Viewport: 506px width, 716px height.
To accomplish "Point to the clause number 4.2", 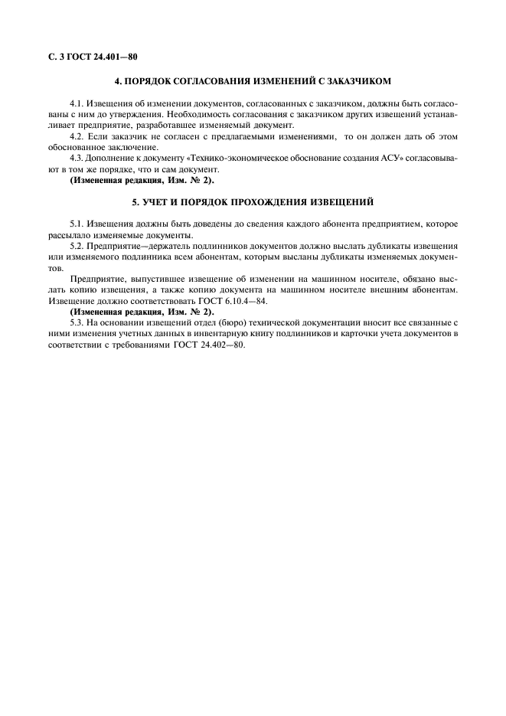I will click(77, 136).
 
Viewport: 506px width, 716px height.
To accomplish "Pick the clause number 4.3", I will click(77, 159).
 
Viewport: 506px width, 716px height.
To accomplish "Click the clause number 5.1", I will click(77, 224).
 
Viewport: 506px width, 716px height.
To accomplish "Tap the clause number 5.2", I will click(77, 247).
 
